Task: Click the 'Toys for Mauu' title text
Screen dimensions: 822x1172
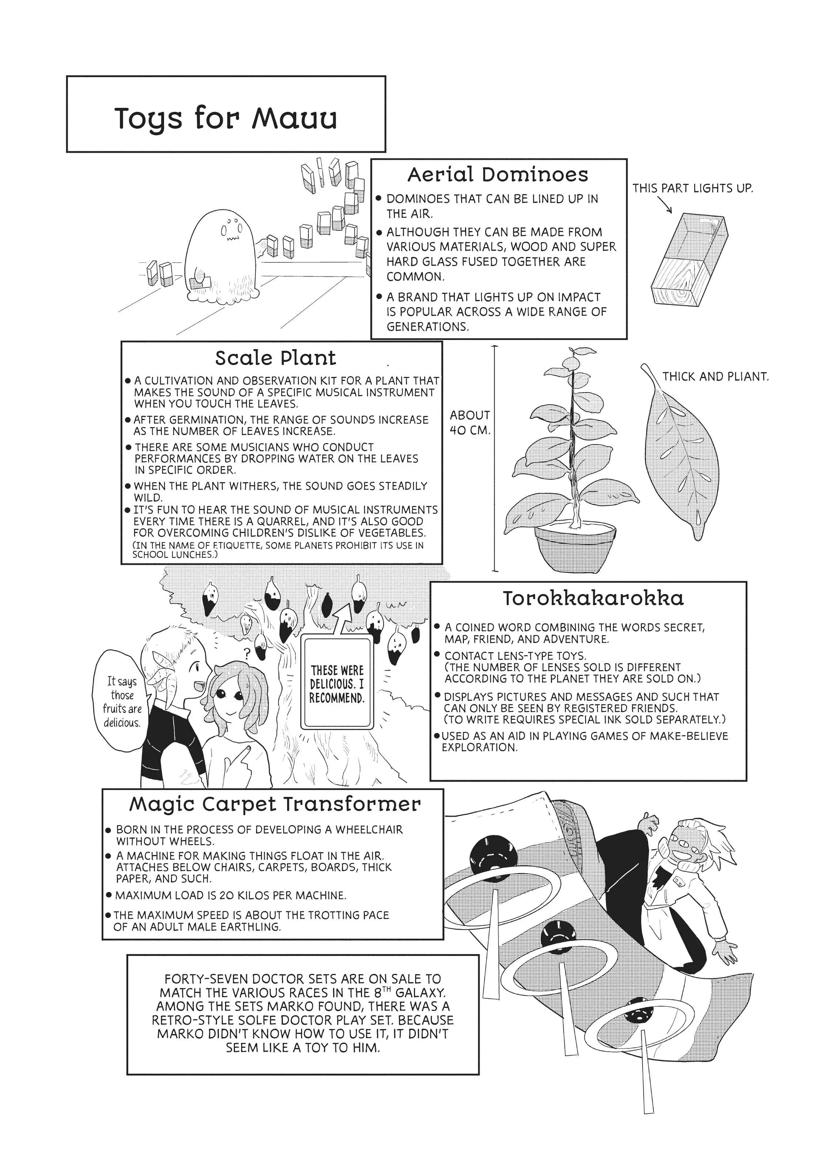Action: pyautogui.click(x=225, y=118)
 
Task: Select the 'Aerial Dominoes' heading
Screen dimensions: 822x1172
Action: pyautogui.click(x=498, y=175)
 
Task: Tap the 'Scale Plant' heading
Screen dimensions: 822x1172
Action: pyautogui.click(x=275, y=358)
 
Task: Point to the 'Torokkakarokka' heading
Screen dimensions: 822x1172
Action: pyautogui.click(x=593, y=598)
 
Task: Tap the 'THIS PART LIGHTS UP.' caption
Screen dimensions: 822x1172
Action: pyautogui.click(x=692, y=188)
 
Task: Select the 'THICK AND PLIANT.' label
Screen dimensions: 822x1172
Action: pyautogui.click(x=715, y=377)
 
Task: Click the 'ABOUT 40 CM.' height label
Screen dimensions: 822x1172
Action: pyautogui.click(x=470, y=422)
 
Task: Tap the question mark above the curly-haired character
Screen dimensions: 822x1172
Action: pyautogui.click(x=247, y=653)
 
